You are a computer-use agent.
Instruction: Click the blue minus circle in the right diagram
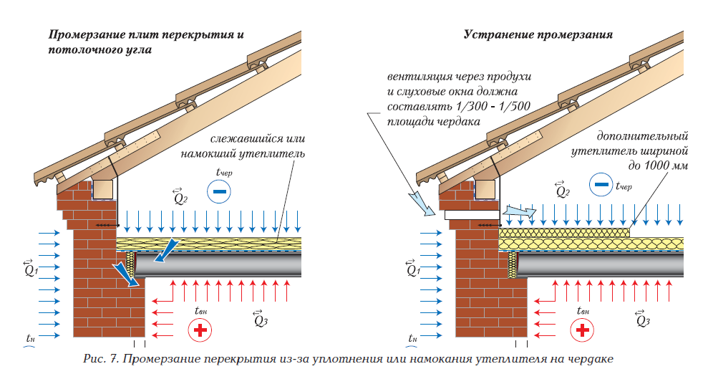tap(601, 185)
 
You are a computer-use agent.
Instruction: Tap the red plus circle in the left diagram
tap(200, 330)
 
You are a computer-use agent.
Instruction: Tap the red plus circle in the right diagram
tap(583, 330)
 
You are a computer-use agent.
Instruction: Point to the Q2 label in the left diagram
tap(180, 196)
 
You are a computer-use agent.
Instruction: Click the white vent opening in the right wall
tap(471, 214)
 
